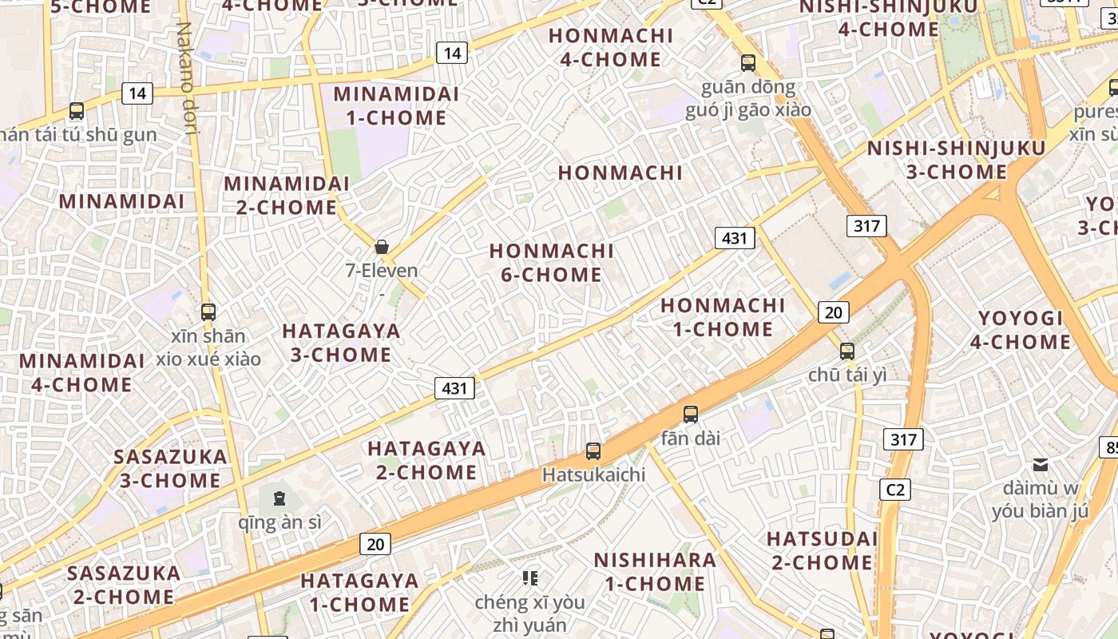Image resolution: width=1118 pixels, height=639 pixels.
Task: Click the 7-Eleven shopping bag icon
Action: click(x=382, y=247)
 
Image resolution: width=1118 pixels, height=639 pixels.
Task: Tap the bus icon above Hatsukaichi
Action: click(x=593, y=451)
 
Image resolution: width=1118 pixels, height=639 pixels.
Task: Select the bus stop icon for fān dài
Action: click(x=691, y=415)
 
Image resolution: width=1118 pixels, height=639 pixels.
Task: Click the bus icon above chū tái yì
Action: click(x=847, y=351)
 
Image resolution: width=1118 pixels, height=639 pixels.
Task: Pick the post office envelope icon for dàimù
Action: click(x=1041, y=464)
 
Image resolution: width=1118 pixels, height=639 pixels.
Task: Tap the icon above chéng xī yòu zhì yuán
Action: click(x=529, y=577)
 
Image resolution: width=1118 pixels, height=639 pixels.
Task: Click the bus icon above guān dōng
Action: click(x=748, y=63)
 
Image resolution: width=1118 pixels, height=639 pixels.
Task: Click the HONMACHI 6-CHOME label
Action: click(x=552, y=263)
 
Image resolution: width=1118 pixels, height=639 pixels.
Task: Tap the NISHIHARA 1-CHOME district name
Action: click(x=655, y=572)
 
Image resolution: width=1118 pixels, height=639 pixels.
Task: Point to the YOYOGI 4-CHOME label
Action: click(x=1021, y=330)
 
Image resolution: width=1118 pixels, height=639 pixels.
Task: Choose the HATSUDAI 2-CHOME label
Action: click(x=822, y=550)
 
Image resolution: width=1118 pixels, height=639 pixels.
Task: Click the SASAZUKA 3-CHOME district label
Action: click(x=170, y=469)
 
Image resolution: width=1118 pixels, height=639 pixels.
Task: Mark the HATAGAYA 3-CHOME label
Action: click(x=341, y=343)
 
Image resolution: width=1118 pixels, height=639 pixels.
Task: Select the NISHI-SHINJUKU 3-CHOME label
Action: click(x=956, y=160)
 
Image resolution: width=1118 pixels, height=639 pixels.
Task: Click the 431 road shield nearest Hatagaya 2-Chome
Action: click(x=454, y=388)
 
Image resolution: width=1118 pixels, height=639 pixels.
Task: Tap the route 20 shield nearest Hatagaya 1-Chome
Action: click(x=375, y=545)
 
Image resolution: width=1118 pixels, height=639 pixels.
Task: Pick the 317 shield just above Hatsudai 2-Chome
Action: click(x=903, y=439)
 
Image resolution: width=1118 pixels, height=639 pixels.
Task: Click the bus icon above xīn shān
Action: click(x=208, y=312)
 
